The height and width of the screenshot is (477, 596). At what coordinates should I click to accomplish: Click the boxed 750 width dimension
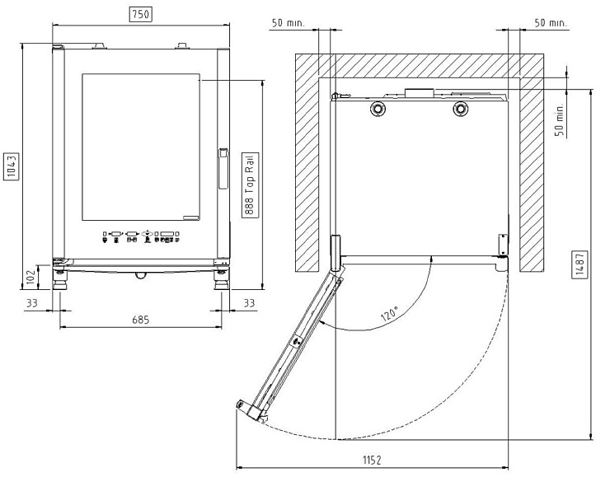coord(141,15)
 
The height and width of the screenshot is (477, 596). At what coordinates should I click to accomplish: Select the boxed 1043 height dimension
coord(12,166)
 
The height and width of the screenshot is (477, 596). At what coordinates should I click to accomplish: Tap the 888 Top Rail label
coord(250,185)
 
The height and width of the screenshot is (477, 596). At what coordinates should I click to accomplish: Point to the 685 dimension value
coord(141,320)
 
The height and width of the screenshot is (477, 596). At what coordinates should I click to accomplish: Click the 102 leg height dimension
coord(31,277)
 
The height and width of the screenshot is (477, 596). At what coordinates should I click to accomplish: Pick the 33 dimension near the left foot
coord(32,303)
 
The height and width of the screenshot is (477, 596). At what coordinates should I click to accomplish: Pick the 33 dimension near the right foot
coord(249,303)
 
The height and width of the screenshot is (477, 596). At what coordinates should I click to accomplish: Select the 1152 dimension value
coord(371,461)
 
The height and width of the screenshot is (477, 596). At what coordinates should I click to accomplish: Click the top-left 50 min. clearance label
coord(289,23)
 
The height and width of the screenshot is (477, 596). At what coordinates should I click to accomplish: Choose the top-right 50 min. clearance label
coord(551,23)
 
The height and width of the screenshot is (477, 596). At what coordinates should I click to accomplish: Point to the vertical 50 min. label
coord(560,119)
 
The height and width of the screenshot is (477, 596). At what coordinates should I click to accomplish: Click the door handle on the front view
coord(223,169)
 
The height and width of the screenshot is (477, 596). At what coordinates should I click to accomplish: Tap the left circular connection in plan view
coord(378,109)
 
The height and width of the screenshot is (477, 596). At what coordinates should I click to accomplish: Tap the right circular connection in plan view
coord(461,109)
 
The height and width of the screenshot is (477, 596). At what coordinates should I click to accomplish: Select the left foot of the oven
coord(59,280)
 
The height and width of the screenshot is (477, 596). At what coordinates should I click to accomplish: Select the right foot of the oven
coord(221,280)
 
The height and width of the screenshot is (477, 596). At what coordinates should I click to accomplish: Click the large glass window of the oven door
coord(141,147)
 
